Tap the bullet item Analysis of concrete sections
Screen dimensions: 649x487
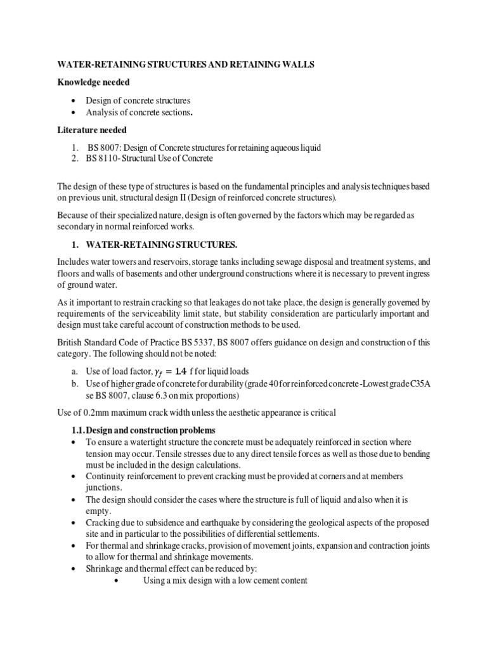point(140,112)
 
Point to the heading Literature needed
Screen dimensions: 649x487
point(92,130)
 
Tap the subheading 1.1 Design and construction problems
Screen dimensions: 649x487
point(145,430)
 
